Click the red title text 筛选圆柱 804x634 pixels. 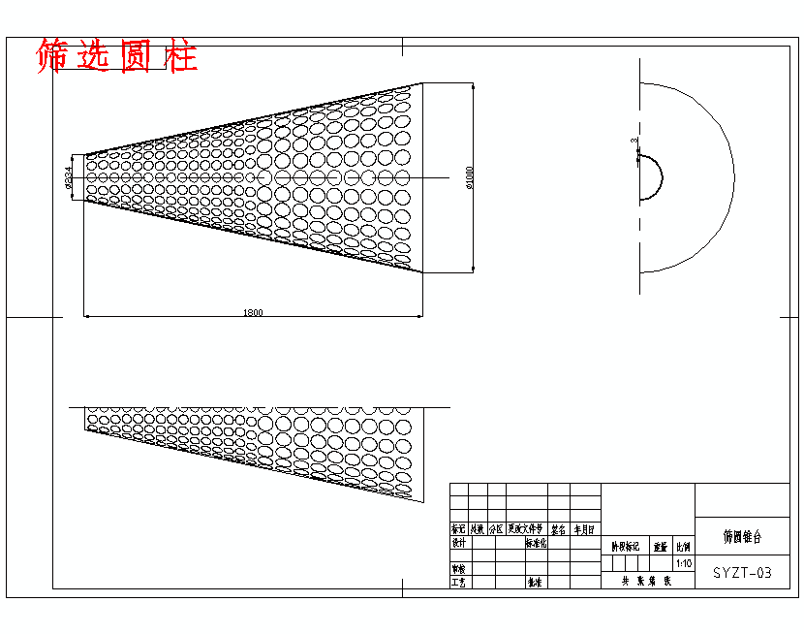(x=116, y=57)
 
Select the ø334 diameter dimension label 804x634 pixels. (x=68, y=178)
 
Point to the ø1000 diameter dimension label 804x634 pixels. (x=470, y=178)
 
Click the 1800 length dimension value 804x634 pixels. (x=253, y=312)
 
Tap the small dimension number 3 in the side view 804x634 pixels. (x=634, y=142)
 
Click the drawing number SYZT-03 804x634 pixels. (x=743, y=573)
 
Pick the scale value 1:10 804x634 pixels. (x=684, y=563)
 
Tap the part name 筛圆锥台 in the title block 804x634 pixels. (x=742, y=535)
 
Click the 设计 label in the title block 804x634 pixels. (x=459, y=544)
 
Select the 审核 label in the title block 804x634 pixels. (x=459, y=569)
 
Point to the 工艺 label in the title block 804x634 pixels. (x=459, y=583)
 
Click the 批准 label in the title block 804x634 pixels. (x=534, y=583)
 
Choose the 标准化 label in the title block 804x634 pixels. (x=536, y=544)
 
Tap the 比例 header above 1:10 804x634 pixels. (x=684, y=547)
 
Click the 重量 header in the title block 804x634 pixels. (x=661, y=547)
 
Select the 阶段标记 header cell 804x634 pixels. (x=625, y=547)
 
